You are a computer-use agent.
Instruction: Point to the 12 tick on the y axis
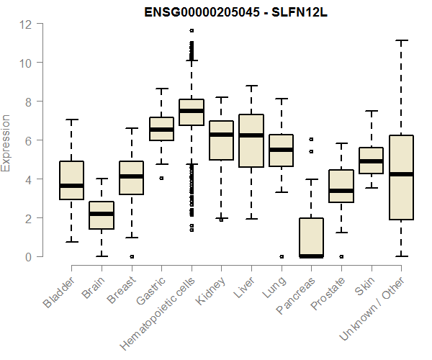(x=27, y=24)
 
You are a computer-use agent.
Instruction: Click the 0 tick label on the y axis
(x=27, y=256)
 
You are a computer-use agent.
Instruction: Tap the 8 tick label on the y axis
(x=27, y=102)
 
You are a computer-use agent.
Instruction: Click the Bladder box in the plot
(x=71, y=180)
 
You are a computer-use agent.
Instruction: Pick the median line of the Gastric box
(x=161, y=130)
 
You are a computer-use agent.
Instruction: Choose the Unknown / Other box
(x=401, y=177)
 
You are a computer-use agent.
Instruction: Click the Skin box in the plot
(x=371, y=161)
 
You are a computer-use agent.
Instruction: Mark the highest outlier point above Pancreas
(x=311, y=139)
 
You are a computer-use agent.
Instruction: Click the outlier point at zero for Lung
(x=282, y=256)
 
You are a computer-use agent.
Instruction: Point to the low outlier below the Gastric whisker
(x=161, y=178)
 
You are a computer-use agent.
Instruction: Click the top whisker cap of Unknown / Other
(x=401, y=41)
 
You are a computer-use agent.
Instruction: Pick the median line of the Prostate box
(x=341, y=191)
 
